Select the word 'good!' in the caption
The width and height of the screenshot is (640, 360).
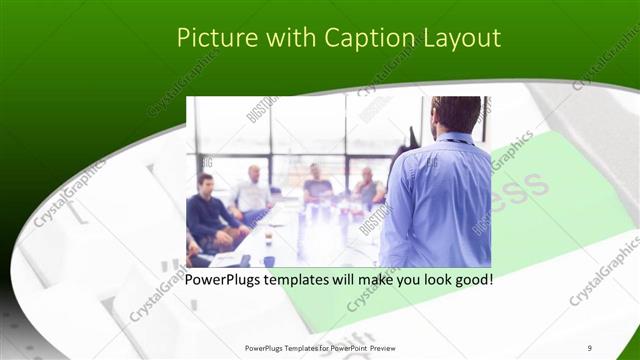coord(471,279)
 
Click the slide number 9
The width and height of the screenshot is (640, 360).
coord(590,347)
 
